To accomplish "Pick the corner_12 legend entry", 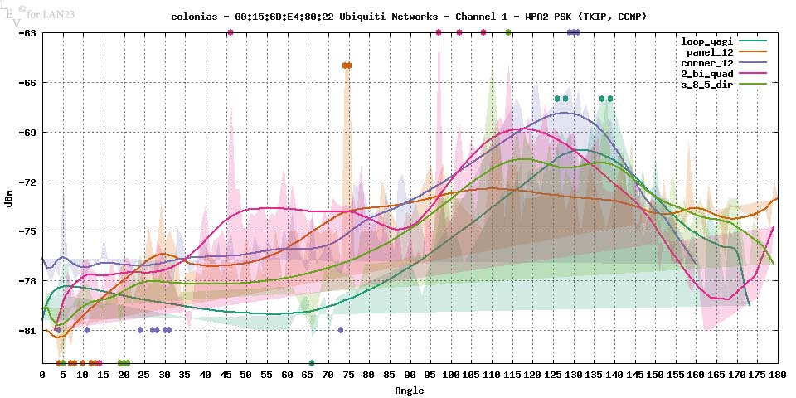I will coord(706,63).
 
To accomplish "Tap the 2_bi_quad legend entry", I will coord(706,75).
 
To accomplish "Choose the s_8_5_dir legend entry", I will coord(706,85).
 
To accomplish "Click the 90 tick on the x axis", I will coord(410,376).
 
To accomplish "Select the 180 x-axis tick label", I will coord(777,376).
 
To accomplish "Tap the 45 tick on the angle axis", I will coord(226,376).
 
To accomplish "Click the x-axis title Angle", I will coord(410,390).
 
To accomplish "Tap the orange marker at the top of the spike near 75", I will coord(347,66).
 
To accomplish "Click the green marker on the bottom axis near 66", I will coord(312,363).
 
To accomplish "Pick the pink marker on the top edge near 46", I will coord(231,32).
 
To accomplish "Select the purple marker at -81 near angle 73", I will coord(341,330).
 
